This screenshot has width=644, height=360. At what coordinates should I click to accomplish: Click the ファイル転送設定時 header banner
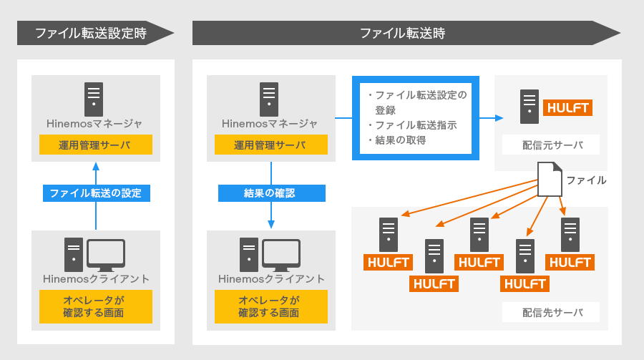click(x=93, y=33)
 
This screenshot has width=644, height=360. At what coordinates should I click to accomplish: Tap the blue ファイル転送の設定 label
click(x=96, y=193)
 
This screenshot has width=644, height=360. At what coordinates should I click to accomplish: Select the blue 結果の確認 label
click(x=270, y=193)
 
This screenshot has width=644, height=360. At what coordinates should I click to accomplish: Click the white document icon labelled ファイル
click(x=550, y=180)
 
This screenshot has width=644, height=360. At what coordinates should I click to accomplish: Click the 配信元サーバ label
click(x=552, y=146)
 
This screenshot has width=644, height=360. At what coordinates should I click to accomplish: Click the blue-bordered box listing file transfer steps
click(x=415, y=117)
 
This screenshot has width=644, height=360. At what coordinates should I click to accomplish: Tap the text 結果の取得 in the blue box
click(x=400, y=140)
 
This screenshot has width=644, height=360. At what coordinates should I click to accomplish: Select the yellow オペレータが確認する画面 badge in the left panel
click(x=95, y=306)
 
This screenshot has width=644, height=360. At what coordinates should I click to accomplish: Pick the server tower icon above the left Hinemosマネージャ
click(x=94, y=99)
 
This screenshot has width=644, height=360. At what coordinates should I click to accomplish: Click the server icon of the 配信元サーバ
click(x=530, y=105)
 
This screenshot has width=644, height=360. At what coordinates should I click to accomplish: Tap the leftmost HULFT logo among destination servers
click(x=388, y=262)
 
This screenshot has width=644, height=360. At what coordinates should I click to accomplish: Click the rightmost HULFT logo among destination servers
click(x=570, y=262)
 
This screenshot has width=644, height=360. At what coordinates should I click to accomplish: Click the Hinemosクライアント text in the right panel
click(x=270, y=278)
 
